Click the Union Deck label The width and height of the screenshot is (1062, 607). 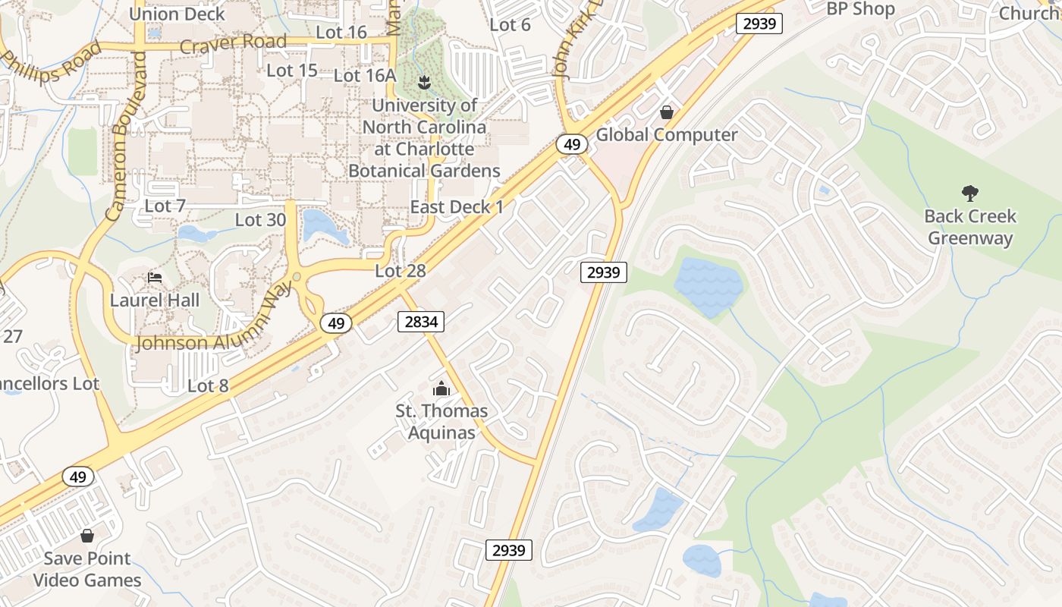tap(177, 14)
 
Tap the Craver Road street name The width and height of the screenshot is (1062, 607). tap(233, 43)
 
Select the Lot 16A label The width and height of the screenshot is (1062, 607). tap(365, 75)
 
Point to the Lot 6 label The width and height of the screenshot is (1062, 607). tap(510, 24)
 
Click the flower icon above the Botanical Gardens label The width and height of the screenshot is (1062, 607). tap(424, 80)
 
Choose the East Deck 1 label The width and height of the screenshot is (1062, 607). tap(457, 207)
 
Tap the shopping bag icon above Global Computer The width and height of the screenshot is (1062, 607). tap(667, 113)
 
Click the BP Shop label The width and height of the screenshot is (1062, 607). tap(860, 9)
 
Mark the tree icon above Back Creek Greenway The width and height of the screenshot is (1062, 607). tap(969, 193)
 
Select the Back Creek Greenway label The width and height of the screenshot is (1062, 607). tap(969, 227)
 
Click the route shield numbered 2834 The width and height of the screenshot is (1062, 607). tap(421, 322)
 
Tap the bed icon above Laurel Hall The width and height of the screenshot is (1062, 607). tap(155, 278)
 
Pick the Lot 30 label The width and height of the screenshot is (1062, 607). tap(260, 220)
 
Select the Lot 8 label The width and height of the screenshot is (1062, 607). tap(208, 386)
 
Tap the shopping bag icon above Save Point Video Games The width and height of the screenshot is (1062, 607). tap(87, 536)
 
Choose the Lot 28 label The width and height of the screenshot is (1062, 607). tap(401, 271)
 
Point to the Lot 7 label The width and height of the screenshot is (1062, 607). tap(165, 206)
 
